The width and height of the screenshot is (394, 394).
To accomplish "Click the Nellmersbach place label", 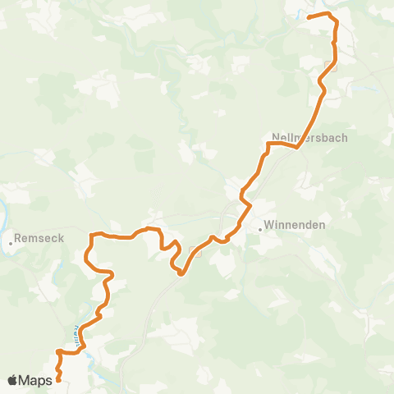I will pos(309,139).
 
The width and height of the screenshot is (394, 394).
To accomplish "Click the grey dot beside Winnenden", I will pos(259,229).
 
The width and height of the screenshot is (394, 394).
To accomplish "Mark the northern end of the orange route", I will pos(309,16).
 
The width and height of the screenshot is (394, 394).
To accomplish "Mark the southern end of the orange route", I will pos(58,379).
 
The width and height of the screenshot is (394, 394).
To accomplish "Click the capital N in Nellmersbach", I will pos(274,139).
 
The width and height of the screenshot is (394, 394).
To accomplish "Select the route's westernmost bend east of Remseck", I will pos(86,256).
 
